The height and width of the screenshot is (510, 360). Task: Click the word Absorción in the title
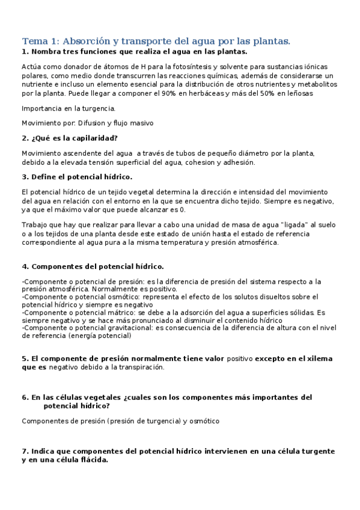[81, 41]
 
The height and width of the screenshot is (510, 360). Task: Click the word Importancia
[43, 109]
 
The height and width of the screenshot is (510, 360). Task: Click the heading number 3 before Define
[24, 177]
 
